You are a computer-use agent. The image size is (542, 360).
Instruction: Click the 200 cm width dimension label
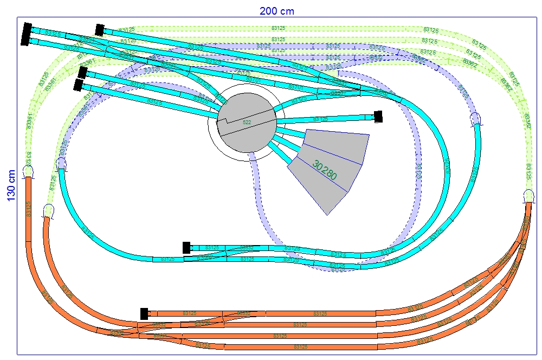(276, 11)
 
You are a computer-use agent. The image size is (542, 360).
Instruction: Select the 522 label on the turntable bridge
(247, 123)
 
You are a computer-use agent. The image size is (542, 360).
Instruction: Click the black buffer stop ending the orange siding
(144, 313)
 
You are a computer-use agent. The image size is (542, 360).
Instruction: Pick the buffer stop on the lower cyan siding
(186, 248)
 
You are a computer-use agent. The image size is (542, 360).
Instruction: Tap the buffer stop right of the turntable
(378, 116)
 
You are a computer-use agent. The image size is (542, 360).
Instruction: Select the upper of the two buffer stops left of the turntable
(83, 73)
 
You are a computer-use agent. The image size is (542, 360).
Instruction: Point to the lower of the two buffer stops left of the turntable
(79, 85)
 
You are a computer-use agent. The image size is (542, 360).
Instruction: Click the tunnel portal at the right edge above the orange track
(530, 196)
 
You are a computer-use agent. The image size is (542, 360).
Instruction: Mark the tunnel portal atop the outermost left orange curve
(28, 172)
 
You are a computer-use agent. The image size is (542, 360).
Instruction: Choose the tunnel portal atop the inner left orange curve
(48, 210)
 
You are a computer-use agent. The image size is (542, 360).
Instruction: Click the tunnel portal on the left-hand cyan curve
(62, 164)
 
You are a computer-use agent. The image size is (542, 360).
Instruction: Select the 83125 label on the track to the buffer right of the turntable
(320, 119)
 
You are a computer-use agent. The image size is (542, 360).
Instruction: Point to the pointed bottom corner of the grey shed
(327, 215)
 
